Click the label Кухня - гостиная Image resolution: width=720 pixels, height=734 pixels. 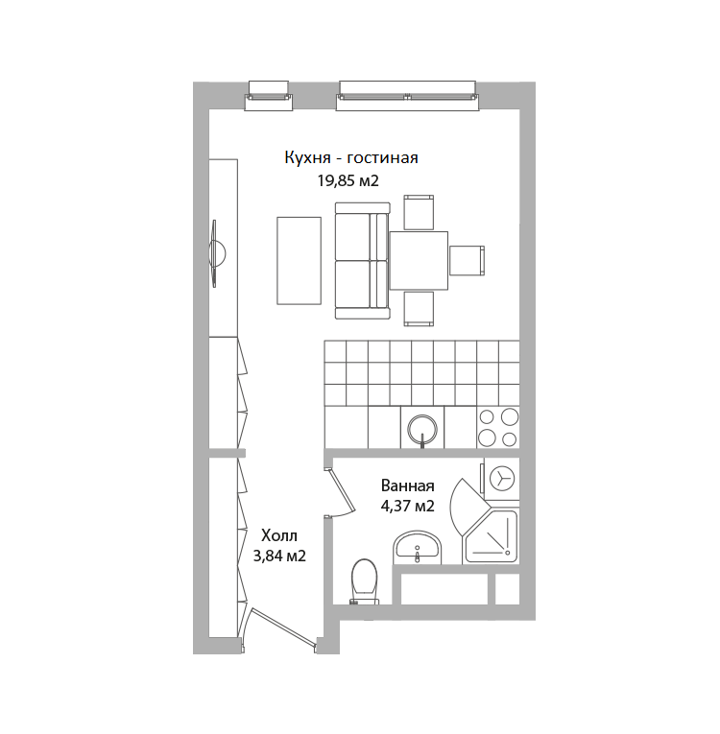coord(350,158)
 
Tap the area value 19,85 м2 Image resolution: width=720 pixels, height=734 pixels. coord(348,180)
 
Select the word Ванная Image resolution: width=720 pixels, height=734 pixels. coord(408,485)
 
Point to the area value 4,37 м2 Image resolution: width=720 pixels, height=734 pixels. coord(408,506)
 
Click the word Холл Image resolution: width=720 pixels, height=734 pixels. coord(279,535)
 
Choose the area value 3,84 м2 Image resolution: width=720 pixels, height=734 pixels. coord(279,556)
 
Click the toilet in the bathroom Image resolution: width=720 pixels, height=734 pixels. coord(364,581)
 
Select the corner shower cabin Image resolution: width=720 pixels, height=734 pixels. coord(491,536)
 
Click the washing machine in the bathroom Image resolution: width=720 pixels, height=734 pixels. coord(501,479)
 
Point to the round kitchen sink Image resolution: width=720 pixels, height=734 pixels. coord(422,429)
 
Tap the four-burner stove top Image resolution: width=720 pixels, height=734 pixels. coord(498,427)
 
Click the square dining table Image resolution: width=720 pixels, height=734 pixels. coord(419,260)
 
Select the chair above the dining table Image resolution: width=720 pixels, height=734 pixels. coord(419,212)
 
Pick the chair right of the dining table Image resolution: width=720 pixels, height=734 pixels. coord(467,260)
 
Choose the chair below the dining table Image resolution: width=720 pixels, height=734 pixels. coord(419,309)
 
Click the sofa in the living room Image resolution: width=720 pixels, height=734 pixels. coord(363,261)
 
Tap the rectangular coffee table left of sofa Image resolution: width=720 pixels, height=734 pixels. coord(299,261)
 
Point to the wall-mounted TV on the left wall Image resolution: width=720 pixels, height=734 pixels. coord(216,253)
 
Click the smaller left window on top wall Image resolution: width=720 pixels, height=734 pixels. coord(269,96)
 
